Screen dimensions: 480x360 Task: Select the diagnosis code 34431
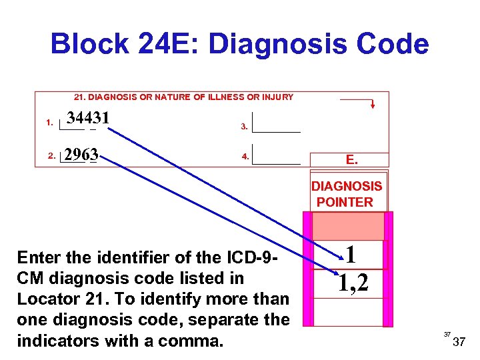(x=88, y=118)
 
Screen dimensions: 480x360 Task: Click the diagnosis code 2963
(x=81, y=155)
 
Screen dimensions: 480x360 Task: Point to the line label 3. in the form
(x=244, y=127)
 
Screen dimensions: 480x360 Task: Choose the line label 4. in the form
(x=245, y=157)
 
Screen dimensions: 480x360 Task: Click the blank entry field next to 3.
(x=277, y=123)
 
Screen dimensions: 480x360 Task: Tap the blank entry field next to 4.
(x=277, y=154)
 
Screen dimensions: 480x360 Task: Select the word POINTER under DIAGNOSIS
(x=345, y=202)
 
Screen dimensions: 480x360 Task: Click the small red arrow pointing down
(x=372, y=104)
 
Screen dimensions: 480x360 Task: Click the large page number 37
(x=459, y=343)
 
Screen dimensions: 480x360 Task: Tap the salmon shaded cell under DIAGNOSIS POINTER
(x=347, y=226)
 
